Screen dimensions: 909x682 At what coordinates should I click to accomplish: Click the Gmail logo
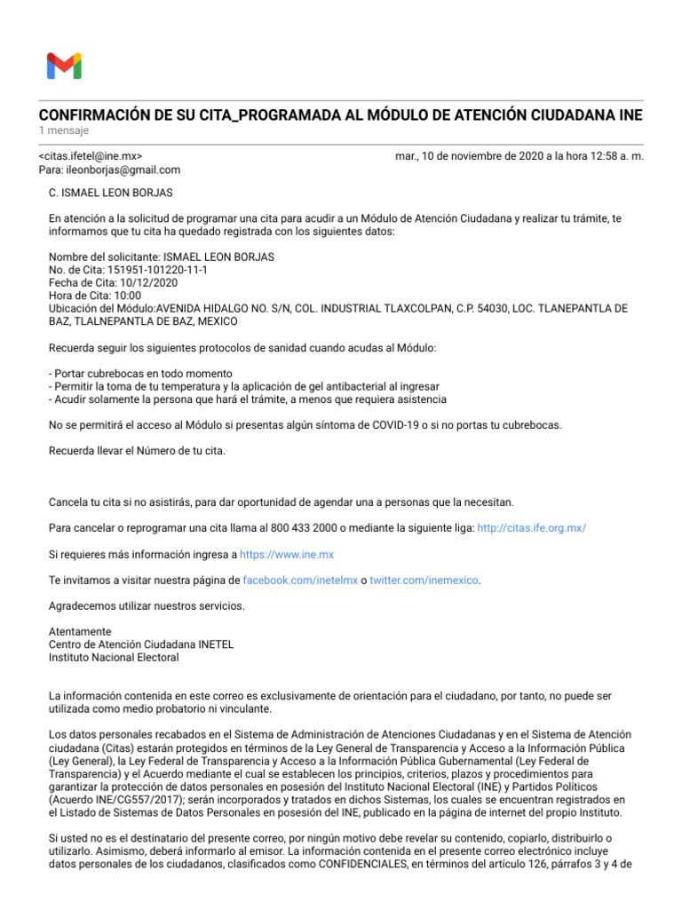pos(64,66)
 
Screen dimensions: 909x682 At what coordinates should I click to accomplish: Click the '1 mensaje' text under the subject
pos(64,131)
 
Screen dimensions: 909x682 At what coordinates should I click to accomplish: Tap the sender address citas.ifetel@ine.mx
pos(91,156)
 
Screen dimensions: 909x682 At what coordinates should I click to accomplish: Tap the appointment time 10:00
pos(128,296)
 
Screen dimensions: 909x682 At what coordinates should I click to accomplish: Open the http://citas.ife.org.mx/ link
pos(532,528)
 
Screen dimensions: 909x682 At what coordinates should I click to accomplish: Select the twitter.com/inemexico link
pos(424,580)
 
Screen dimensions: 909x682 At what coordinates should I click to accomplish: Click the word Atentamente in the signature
pos(80,632)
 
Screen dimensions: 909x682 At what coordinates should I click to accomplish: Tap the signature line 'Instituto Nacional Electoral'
pos(114,658)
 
